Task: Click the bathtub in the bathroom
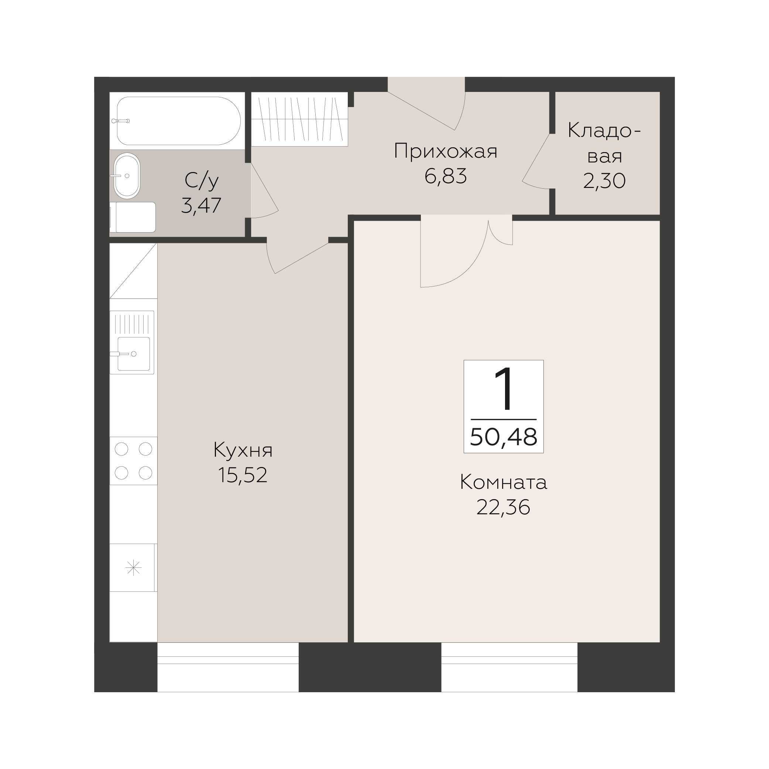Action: coord(179,121)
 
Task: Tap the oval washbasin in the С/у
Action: coord(127,175)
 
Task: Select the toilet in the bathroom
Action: coord(133,217)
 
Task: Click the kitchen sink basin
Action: coord(134,353)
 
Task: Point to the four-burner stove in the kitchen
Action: coord(133,461)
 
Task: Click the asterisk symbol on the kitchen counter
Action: coord(133,567)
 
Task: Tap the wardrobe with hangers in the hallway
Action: coord(300,119)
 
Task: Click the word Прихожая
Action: coord(446,151)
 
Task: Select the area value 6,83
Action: coord(446,176)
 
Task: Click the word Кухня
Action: coord(243,450)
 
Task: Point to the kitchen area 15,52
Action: coord(243,475)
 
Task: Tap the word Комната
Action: coord(504,483)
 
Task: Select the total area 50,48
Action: coord(504,437)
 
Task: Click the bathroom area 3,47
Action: coord(202,206)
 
